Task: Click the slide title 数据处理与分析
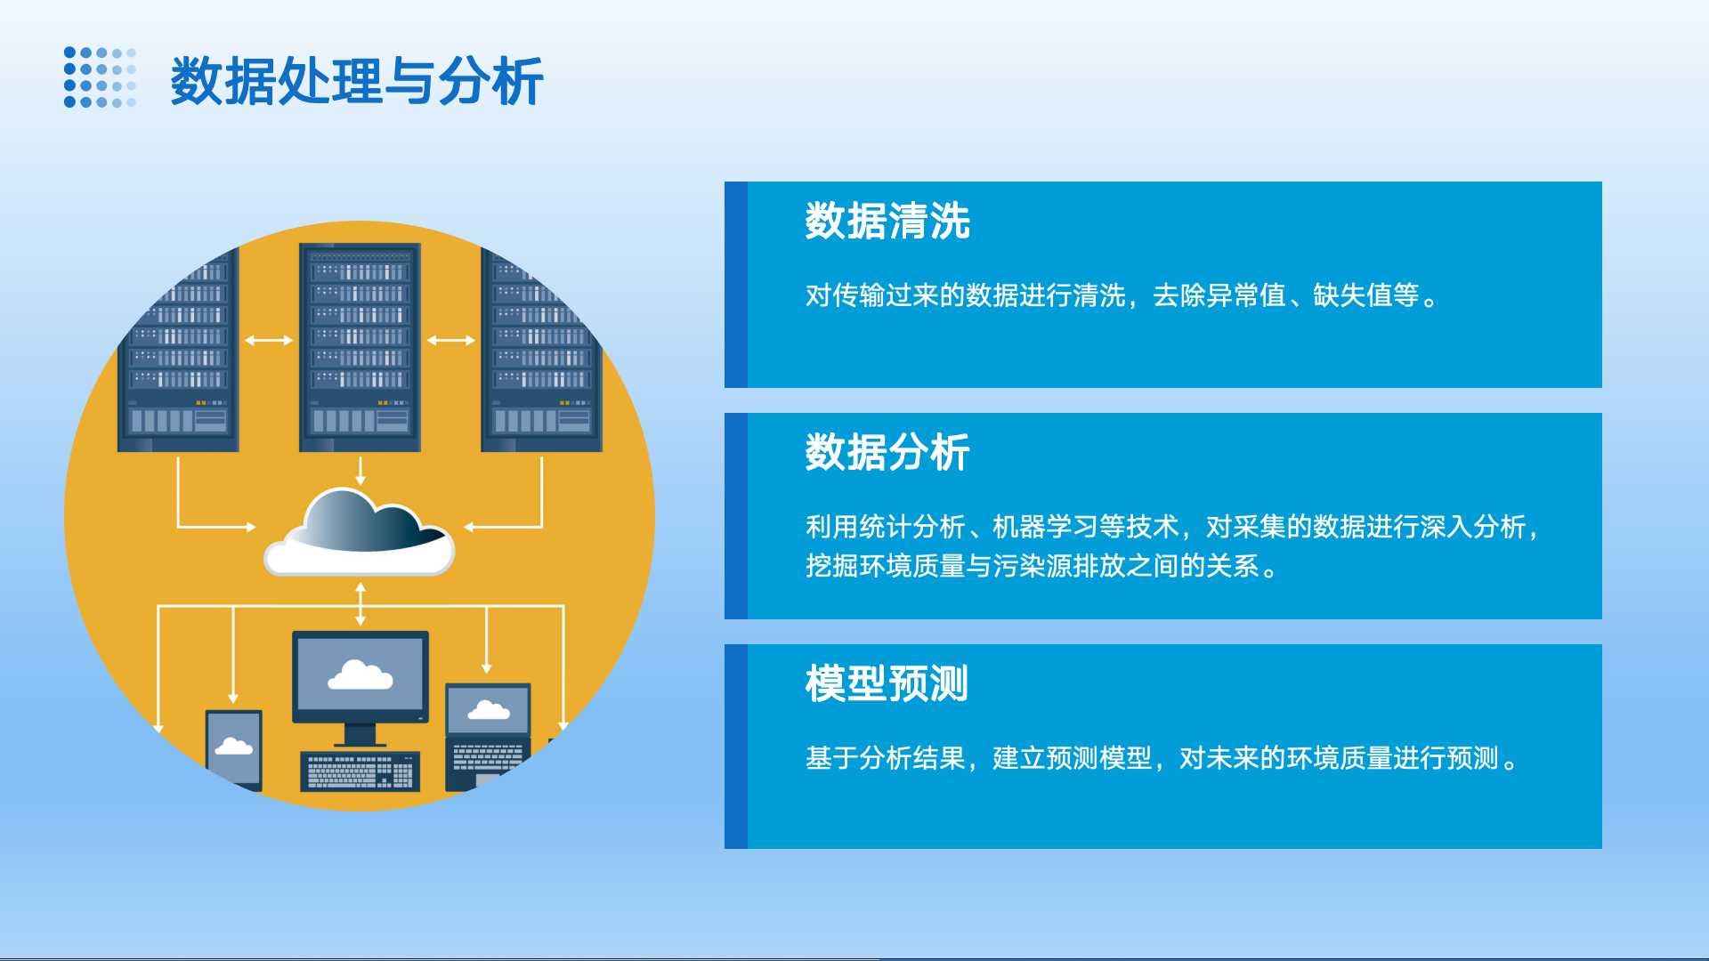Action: [357, 81]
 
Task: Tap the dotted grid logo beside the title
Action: [100, 77]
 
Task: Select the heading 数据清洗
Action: [887, 221]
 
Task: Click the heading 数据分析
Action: [887, 452]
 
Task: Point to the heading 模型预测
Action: [887, 683]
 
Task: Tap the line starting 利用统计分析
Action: [1172, 527]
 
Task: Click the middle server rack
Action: [360, 347]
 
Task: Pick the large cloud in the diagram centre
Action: [360, 531]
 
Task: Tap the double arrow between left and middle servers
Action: [269, 340]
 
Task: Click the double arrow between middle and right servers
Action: [451, 340]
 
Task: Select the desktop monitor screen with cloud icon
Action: [360, 675]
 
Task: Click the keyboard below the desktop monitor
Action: [360, 771]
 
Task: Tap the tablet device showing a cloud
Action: [234, 749]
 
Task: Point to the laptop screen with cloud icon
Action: [488, 710]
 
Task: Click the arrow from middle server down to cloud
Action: [360, 471]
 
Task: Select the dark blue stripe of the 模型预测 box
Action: [736, 747]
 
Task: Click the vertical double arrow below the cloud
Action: [360, 604]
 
